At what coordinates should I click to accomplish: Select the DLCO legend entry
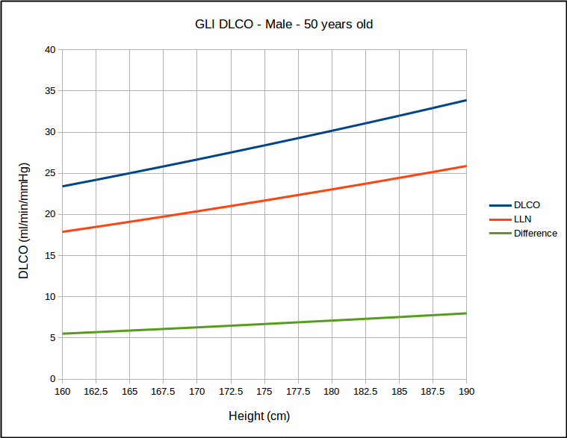pyautogui.click(x=527, y=204)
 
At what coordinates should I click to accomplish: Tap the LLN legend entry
pyautogui.click(x=522, y=219)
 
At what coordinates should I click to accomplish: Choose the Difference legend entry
pyautogui.click(x=535, y=233)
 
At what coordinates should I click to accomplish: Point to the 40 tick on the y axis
pyautogui.click(x=50, y=50)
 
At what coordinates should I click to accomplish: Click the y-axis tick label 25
pyautogui.click(x=50, y=173)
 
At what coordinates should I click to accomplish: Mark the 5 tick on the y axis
pyautogui.click(x=52, y=338)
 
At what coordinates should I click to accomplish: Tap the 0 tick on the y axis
pyautogui.click(x=52, y=379)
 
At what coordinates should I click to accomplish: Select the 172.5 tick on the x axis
pyautogui.click(x=231, y=391)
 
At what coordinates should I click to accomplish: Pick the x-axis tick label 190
pyautogui.click(x=466, y=391)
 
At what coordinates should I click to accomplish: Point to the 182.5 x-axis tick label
pyautogui.click(x=365, y=391)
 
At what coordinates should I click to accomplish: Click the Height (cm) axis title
pyautogui.click(x=259, y=416)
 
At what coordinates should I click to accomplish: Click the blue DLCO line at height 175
pyautogui.click(x=264, y=145)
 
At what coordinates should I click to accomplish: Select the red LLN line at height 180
pyautogui.click(x=332, y=189)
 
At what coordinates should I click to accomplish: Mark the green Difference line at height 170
pyautogui.click(x=197, y=327)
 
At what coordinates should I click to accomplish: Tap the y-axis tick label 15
pyautogui.click(x=50, y=255)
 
